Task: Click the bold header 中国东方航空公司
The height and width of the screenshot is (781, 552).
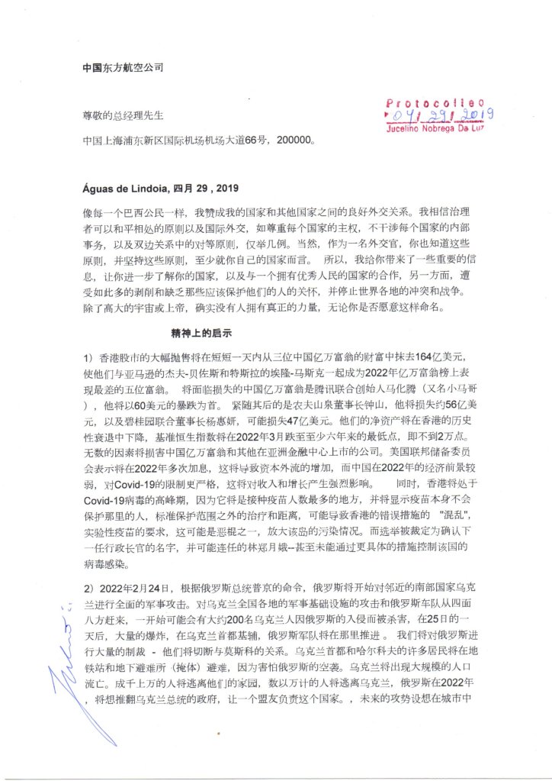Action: point(123,67)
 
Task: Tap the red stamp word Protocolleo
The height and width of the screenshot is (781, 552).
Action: point(435,102)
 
